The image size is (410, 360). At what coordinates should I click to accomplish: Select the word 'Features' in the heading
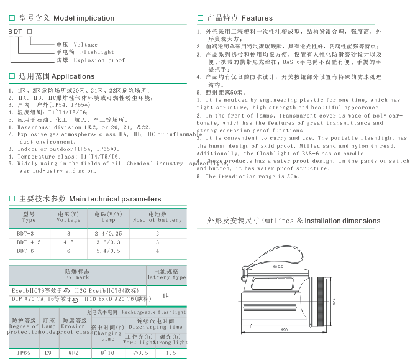pos(257,19)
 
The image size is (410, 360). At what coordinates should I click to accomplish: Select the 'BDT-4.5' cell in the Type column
pos(29,241)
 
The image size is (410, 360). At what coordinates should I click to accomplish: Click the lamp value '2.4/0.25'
pos(108,232)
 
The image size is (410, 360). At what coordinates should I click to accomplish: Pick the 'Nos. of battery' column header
pos(157,220)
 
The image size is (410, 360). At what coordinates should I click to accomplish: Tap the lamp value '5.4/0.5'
pos(108,251)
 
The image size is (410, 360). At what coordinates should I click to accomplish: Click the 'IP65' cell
pos(24,353)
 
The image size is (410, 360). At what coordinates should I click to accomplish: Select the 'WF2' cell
pos(73,353)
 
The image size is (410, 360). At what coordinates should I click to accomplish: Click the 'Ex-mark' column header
pos(77,277)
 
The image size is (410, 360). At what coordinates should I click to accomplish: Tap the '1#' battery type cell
pos(166,295)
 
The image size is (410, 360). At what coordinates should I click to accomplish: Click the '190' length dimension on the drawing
pos(284,330)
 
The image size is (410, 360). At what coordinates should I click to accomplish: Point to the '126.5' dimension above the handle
pos(278,267)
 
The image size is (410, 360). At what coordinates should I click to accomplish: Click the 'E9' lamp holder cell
pos(48,353)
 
